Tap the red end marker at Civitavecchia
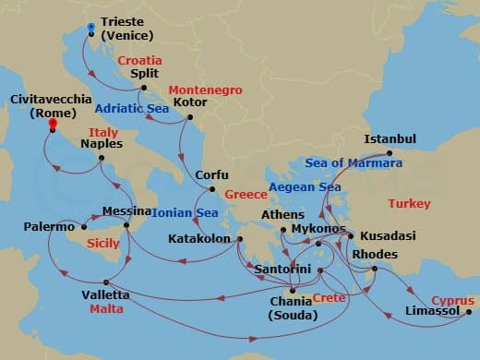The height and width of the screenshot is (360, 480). click(53, 124)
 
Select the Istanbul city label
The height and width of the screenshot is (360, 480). click(390, 138)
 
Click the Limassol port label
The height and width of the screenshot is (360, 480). click(433, 312)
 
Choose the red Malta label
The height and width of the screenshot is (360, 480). click(106, 309)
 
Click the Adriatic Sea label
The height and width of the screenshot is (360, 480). click(133, 106)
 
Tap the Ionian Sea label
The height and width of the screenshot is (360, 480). click(186, 212)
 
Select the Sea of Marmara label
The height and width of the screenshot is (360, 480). click(355, 163)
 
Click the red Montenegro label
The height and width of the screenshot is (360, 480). click(205, 90)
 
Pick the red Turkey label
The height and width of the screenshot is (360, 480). click(409, 203)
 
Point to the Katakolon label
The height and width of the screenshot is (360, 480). click(199, 239)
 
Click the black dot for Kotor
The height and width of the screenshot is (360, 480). click(190, 116)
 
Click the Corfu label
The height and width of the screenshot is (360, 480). click(211, 175)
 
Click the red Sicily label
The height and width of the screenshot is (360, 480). click(102, 244)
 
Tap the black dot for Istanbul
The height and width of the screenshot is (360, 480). click(389, 153)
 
